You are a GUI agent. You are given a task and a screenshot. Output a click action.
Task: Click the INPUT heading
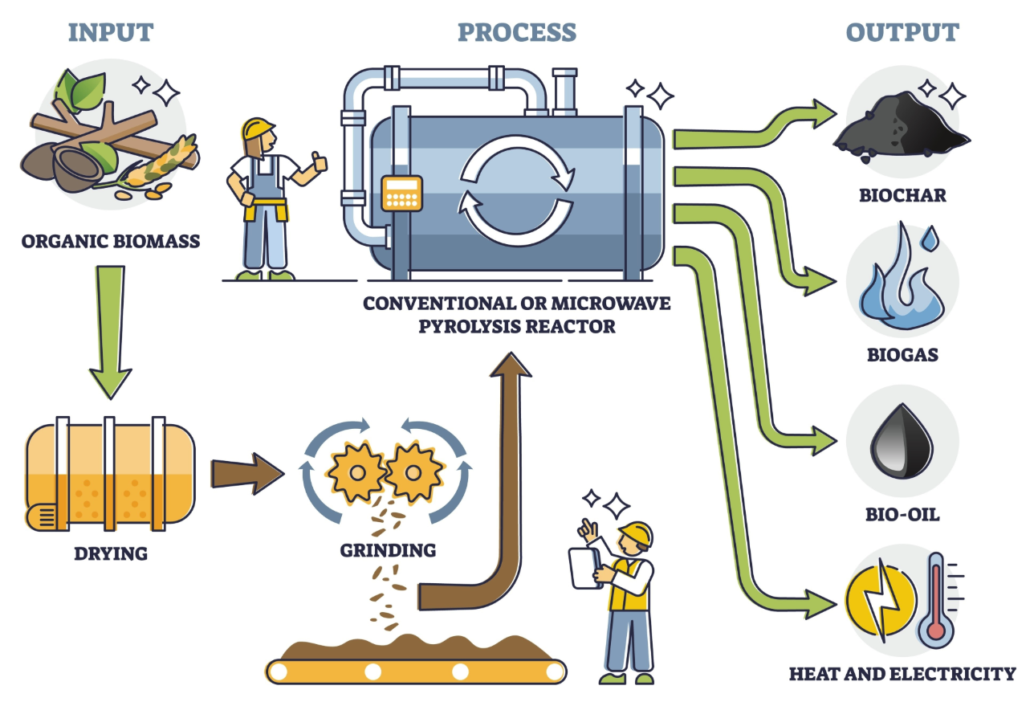tap(111, 32)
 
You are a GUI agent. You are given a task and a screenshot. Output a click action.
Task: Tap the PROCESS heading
tap(517, 32)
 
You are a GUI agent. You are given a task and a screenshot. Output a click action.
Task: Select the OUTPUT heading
tap(902, 32)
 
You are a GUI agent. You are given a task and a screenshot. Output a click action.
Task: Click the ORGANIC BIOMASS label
tap(110, 239)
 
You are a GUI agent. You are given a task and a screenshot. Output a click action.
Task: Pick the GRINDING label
tap(388, 550)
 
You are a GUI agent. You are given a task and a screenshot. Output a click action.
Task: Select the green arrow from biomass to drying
tap(110, 329)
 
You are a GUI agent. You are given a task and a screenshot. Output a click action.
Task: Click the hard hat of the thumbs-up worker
tap(258, 128)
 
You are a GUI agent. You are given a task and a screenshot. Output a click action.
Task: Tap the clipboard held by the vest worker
tap(585, 567)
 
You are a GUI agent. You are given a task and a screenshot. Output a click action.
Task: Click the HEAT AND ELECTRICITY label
tap(902, 673)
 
